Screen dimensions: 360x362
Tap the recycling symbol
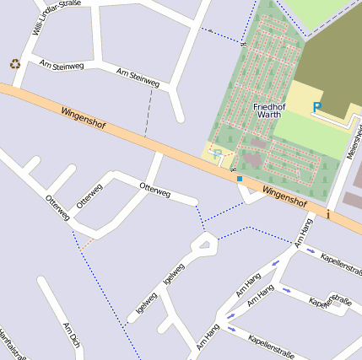pyautogui.click(x=14, y=63)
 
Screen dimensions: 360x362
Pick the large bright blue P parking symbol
pyautogui.click(x=317, y=107)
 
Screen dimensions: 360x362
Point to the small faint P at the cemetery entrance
pyautogui.click(x=217, y=153)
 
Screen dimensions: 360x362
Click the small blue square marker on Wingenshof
pyautogui.click(x=239, y=179)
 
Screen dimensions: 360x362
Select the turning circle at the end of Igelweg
pyautogui.click(x=203, y=245)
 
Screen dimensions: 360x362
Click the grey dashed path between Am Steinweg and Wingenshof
pyautogui.click(x=149, y=112)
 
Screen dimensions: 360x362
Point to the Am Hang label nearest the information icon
pyautogui.click(x=303, y=233)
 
